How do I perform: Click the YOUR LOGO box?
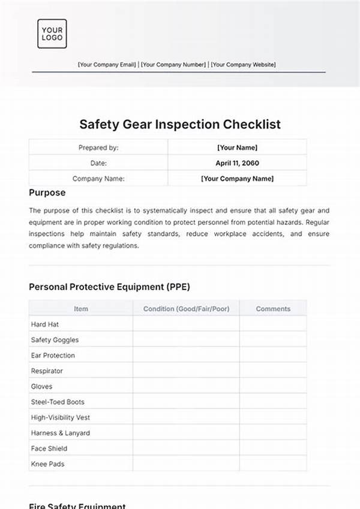(52, 34)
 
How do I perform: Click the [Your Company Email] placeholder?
(107, 65)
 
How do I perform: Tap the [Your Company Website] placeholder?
(243, 65)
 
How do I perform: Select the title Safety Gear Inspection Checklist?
(180, 125)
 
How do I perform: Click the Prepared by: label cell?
(98, 147)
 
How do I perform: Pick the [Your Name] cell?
(237, 147)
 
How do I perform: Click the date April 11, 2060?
(237, 162)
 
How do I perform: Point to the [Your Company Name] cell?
(237, 178)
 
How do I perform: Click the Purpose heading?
(47, 193)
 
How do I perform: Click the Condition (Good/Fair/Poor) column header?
(186, 309)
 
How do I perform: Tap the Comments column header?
(273, 309)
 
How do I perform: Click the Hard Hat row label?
(45, 324)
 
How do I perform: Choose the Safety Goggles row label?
(55, 340)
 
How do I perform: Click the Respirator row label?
(47, 371)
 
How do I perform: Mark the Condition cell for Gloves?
(186, 387)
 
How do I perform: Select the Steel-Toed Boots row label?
(58, 402)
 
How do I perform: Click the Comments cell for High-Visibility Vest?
(273, 417)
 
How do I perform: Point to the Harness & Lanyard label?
(61, 433)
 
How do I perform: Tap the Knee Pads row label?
(47, 464)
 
